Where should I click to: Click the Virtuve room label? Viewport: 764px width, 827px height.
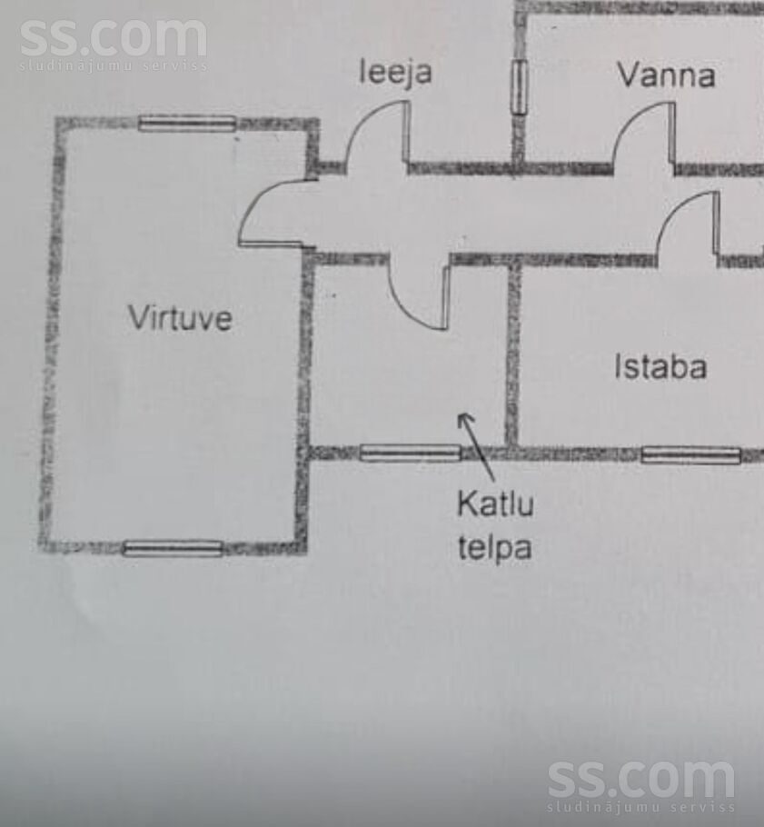coord(180,317)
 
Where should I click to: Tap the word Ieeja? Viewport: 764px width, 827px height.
coord(395,73)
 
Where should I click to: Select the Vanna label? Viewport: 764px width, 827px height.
coord(667,75)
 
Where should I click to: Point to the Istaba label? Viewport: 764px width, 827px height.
coord(660,366)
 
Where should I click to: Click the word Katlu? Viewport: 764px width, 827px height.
coord(495,503)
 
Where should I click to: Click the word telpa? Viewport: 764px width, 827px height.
coord(494,547)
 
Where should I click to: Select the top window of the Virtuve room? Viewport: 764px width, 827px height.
coord(187,124)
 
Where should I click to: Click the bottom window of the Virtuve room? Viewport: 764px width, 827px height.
coord(173,549)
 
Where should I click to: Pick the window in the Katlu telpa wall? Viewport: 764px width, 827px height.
coord(411,453)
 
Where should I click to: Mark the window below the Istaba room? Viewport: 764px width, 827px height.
coord(690,454)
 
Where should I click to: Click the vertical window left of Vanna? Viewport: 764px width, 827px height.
coord(520,87)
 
